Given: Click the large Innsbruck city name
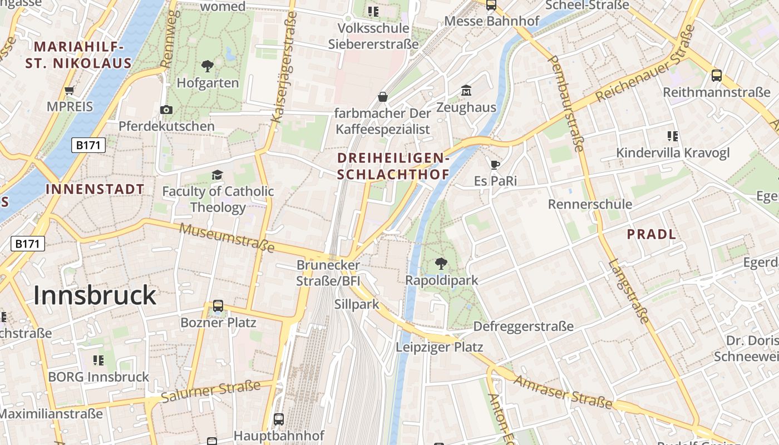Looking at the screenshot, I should click(x=95, y=295).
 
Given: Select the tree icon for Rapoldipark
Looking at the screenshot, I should click(x=441, y=264).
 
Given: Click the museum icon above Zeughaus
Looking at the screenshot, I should click(x=466, y=90).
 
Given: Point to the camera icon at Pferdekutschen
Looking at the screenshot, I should click(x=166, y=110).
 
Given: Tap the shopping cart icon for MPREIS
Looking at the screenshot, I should click(x=70, y=90).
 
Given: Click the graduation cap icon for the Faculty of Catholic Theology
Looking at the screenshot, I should click(x=217, y=175).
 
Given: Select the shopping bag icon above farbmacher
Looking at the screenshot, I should click(x=383, y=97).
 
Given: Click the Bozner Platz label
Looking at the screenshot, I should click(x=218, y=323).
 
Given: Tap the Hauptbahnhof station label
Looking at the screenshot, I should click(x=278, y=435).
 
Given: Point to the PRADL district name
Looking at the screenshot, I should click(x=652, y=234).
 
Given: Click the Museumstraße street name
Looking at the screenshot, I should click(x=227, y=237).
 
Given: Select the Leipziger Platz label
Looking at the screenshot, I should click(x=440, y=347).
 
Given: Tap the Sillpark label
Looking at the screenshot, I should click(x=357, y=304).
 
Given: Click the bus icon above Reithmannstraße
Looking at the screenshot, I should click(x=717, y=76).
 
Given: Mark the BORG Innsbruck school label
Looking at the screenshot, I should click(x=98, y=377).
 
